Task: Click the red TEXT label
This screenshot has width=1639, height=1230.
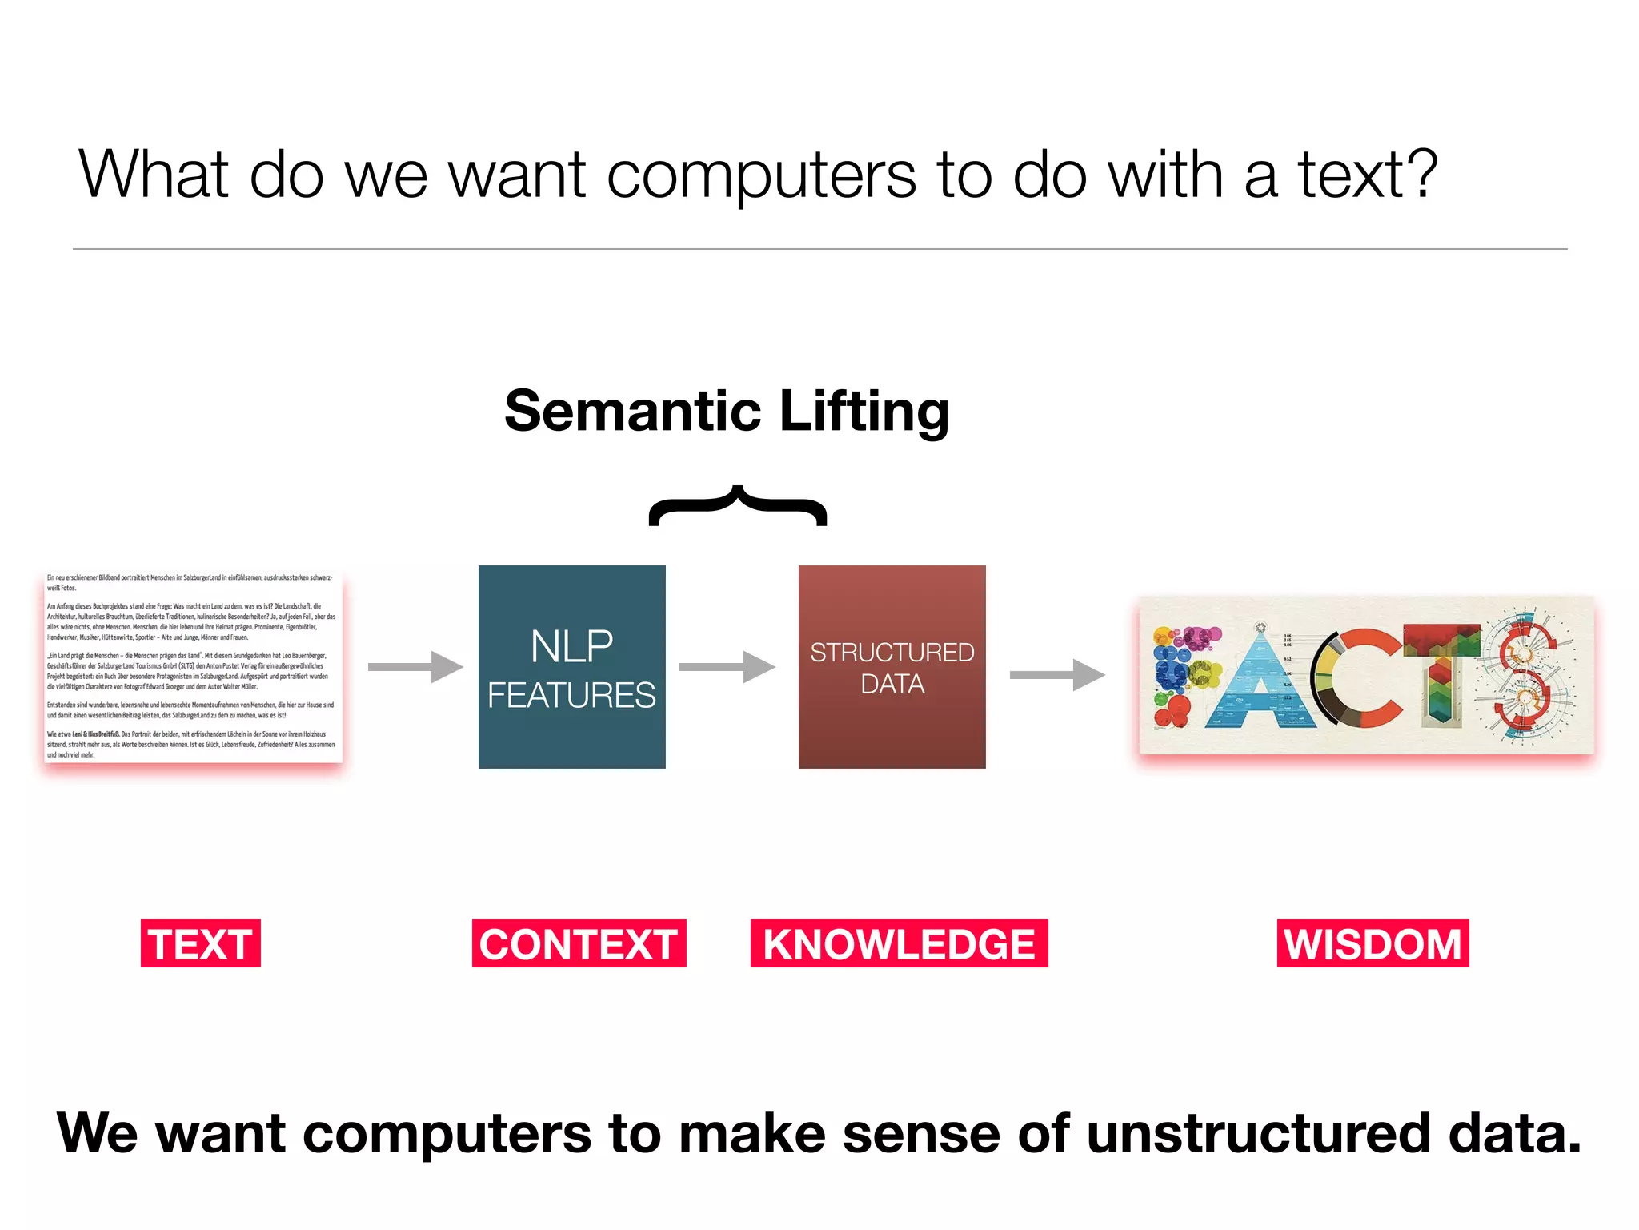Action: (x=201, y=943)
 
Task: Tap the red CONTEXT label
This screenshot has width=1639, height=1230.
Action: (x=579, y=943)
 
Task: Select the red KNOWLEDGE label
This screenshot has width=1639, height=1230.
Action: (x=899, y=943)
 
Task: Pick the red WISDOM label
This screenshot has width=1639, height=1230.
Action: (x=1373, y=943)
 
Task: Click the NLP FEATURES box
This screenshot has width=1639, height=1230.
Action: (x=572, y=667)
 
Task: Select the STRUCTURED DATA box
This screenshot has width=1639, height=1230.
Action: (x=892, y=667)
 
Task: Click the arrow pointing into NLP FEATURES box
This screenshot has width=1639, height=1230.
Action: (x=415, y=667)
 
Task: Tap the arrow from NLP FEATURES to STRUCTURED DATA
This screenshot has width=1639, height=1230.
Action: (x=727, y=667)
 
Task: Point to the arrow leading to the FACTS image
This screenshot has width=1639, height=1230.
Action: (x=1056, y=675)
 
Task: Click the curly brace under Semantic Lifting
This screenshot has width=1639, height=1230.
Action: (x=738, y=506)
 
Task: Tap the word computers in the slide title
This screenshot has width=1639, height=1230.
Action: (x=761, y=176)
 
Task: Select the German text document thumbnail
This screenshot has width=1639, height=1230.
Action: (x=193, y=666)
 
